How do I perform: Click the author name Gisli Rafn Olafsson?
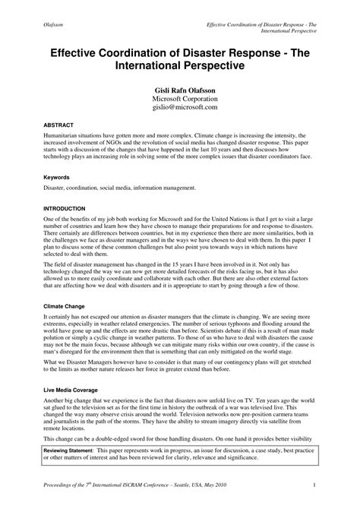click(179, 90)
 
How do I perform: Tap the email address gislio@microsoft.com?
click(179, 108)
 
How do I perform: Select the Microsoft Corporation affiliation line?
click(179, 100)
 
